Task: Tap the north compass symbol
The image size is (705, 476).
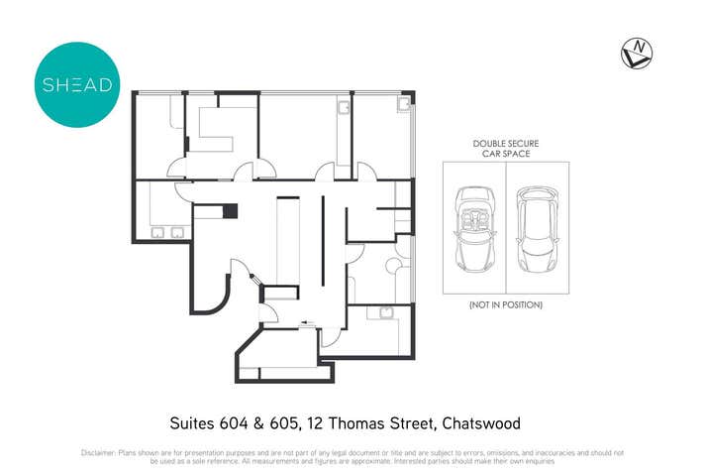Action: (x=636, y=53)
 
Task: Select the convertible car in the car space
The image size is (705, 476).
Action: (x=474, y=227)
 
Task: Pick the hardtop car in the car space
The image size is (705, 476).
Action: (x=538, y=227)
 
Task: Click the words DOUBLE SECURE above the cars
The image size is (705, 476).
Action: (x=505, y=144)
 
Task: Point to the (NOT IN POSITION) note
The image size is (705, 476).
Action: (x=505, y=304)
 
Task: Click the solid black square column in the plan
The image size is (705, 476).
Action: (x=230, y=210)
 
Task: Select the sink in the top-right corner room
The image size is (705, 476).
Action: (x=403, y=103)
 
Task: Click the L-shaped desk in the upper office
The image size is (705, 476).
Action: (x=215, y=124)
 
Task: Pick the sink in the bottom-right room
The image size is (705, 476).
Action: (x=385, y=312)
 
